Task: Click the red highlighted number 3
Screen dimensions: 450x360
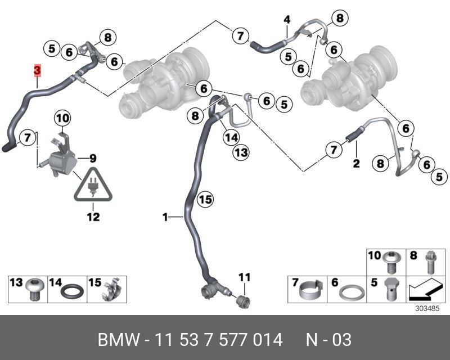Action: (x=37, y=70)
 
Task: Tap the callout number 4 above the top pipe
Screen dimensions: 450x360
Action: (x=287, y=20)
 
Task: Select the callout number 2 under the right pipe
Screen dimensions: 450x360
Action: (x=355, y=164)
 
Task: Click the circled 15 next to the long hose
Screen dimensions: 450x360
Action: (x=205, y=199)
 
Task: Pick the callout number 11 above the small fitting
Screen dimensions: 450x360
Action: (x=243, y=276)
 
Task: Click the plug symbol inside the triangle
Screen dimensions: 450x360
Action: (x=93, y=188)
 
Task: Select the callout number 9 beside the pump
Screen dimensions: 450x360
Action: (x=93, y=157)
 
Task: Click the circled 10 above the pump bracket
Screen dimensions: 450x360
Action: (x=62, y=118)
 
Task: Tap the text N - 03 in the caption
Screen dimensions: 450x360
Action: (x=328, y=340)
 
